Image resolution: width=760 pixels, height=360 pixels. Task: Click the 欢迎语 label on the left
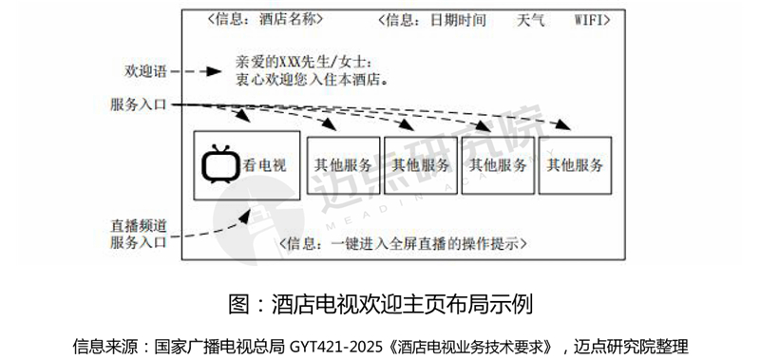coord(146,72)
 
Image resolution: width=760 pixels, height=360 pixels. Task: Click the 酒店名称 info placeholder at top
coord(265,19)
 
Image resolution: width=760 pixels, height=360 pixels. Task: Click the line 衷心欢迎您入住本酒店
coord(312,80)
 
